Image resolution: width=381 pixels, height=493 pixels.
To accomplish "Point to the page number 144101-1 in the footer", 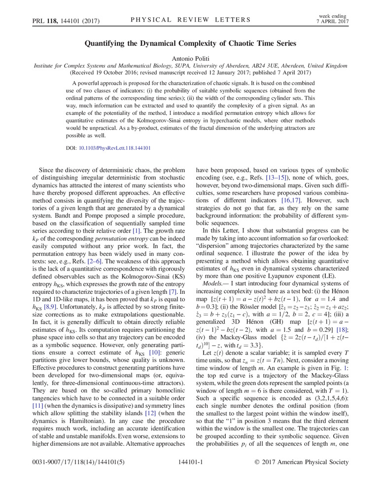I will (190, 476).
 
